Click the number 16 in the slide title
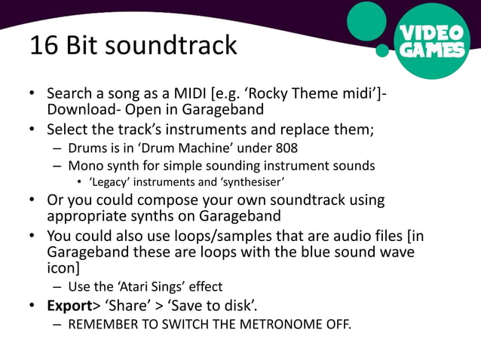pos(42,46)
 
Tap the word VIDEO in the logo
pos(431,34)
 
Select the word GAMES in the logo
pos(431,51)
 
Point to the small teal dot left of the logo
pos(382,50)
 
